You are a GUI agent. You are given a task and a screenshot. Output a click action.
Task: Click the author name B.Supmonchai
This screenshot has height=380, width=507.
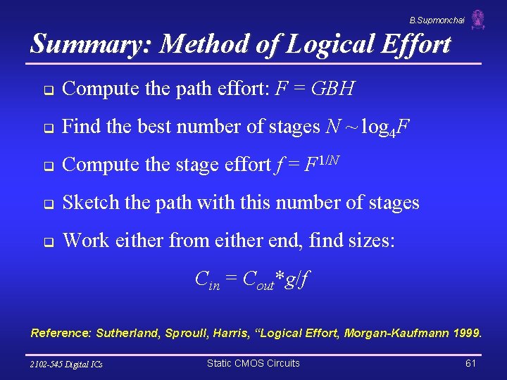click(437, 20)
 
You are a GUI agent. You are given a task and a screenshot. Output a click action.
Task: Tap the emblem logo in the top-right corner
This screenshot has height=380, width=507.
click(478, 20)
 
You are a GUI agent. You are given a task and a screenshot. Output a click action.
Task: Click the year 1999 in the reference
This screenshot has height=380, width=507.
click(466, 333)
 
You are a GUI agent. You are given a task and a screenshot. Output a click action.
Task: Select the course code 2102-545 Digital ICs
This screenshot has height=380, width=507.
click(66, 364)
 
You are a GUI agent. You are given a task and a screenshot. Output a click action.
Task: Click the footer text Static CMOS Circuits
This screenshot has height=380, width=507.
click(253, 363)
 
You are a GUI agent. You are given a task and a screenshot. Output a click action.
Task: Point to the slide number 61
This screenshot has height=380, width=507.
click(471, 363)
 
